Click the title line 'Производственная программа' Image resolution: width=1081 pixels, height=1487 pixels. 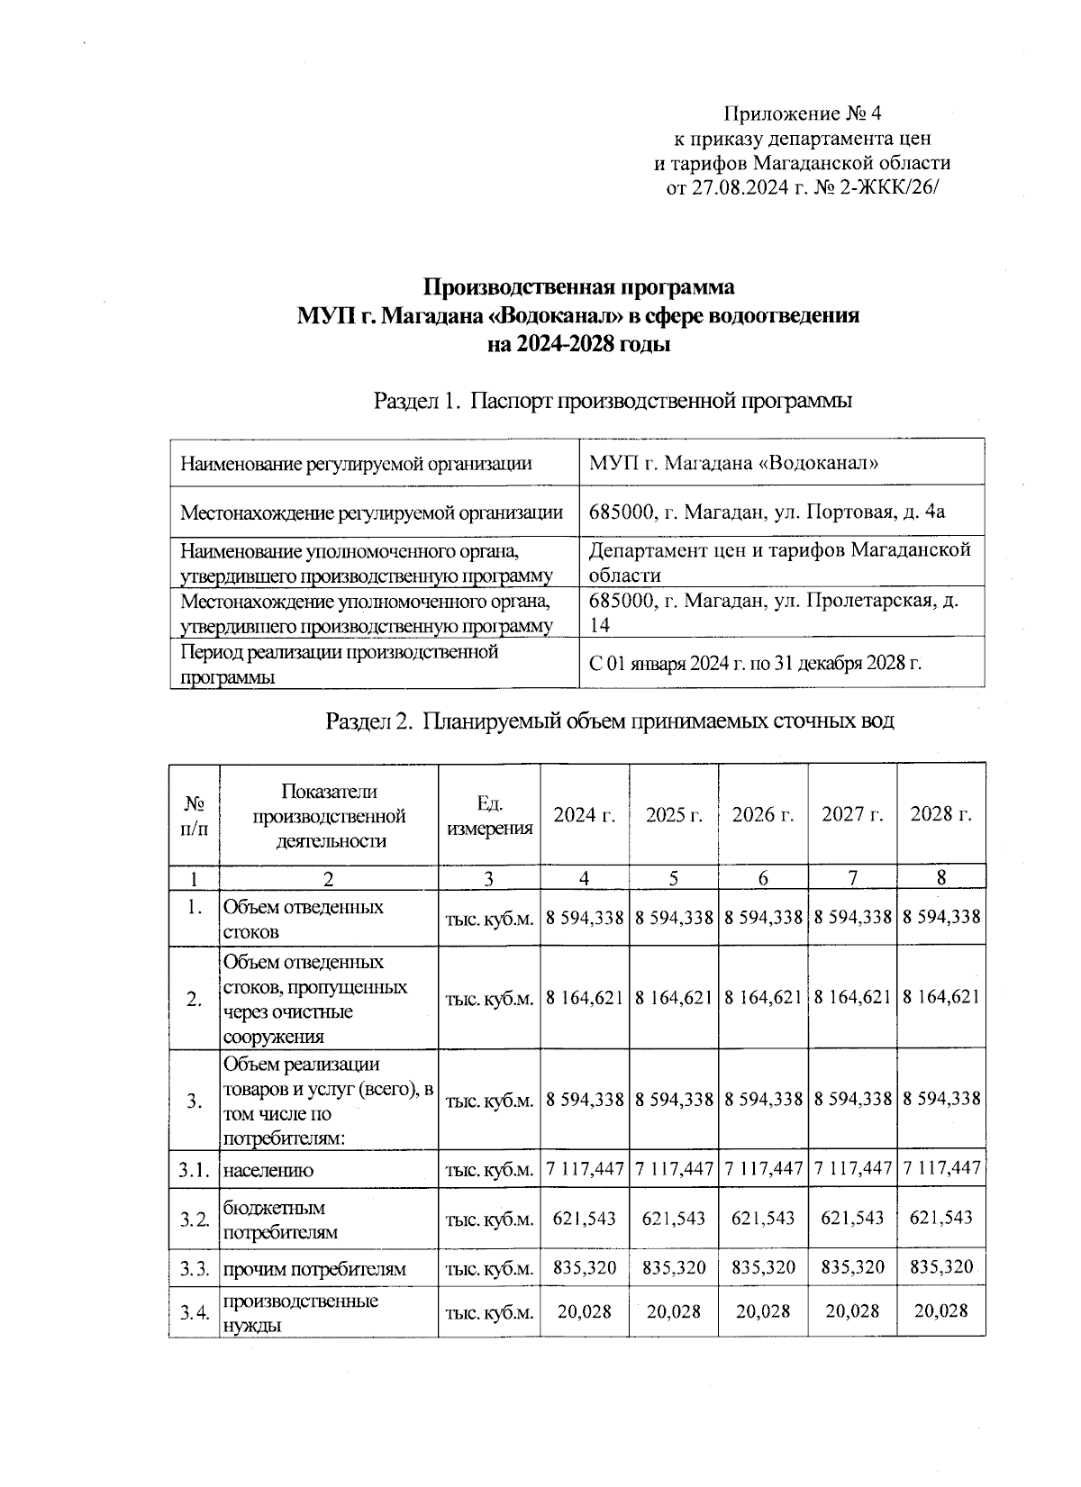[579, 287]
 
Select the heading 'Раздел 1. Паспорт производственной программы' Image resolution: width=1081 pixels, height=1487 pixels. [613, 401]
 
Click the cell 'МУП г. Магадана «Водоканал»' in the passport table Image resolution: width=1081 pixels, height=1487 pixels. [733, 464]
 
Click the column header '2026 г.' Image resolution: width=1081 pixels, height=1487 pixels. [763, 815]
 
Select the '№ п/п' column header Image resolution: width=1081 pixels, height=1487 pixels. [194, 815]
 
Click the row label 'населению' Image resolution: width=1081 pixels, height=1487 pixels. [268, 1171]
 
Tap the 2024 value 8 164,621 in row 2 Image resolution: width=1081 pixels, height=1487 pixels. [585, 997]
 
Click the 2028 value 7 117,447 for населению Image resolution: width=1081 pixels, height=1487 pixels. [941, 1169]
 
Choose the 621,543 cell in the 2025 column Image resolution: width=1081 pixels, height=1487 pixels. [674, 1219]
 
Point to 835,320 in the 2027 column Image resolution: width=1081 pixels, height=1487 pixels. [852, 1268]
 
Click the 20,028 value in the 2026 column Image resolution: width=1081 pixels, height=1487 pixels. [763, 1311]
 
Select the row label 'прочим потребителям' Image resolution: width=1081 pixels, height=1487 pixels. [314, 1269]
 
